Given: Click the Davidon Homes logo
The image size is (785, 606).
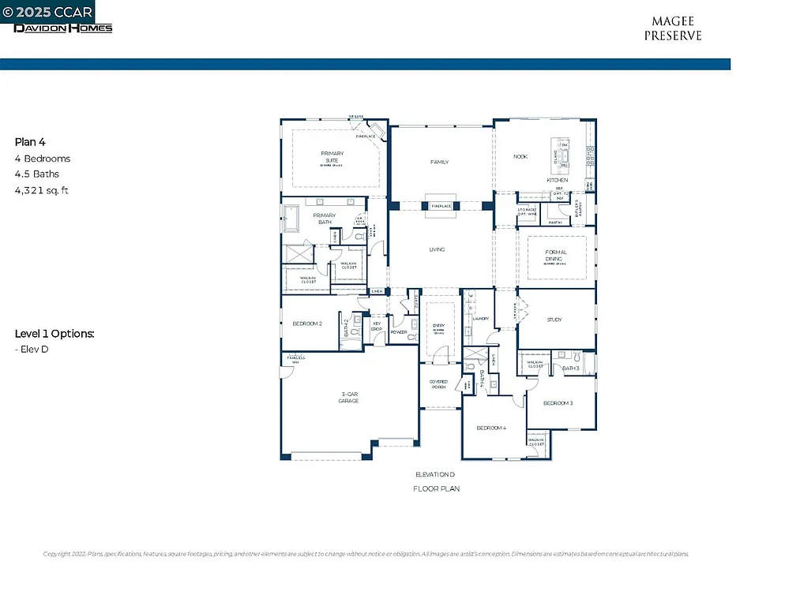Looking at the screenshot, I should [63, 28].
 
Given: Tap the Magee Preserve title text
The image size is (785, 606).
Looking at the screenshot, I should [672, 29].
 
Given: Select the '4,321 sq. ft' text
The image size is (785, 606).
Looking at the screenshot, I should [42, 190].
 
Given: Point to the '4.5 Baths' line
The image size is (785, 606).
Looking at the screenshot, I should [36, 174].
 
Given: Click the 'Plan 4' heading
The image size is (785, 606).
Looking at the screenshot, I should [30, 142].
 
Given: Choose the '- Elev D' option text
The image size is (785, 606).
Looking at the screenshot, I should [32, 349].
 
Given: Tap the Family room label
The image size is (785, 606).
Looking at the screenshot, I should [439, 163].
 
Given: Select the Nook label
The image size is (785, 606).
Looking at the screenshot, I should [520, 156].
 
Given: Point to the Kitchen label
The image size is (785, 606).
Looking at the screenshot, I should [558, 180].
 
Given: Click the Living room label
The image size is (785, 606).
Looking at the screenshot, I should [437, 249].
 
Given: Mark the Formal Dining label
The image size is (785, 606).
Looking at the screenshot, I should [556, 256].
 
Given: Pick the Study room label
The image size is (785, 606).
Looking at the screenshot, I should [554, 320].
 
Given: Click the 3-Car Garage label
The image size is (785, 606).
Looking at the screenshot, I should [349, 398].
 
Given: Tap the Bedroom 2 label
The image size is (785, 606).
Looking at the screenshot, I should [307, 324].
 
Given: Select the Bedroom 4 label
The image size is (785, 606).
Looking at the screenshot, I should [490, 428].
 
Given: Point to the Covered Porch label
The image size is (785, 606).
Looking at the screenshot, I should [438, 384].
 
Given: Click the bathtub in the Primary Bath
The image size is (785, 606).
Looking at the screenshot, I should [292, 219].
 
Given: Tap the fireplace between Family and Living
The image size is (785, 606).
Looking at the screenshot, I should [440, 204].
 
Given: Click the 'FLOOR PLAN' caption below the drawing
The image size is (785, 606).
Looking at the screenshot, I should [436, 489].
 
